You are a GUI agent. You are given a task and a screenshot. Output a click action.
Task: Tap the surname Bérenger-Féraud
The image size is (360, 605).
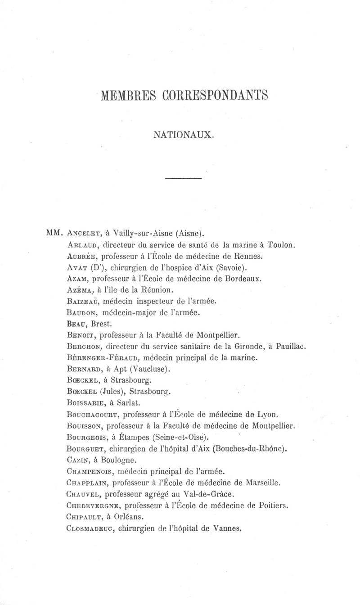(x=101, y=357)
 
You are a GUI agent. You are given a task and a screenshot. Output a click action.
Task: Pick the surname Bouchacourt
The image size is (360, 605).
(x=92, y=414)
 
